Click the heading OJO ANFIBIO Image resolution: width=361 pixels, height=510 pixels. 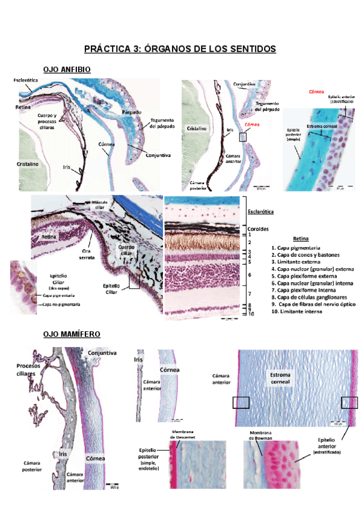[67, 70]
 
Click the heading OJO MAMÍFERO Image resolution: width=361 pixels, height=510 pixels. [72, 334]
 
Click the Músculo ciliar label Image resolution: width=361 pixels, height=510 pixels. [100, 204]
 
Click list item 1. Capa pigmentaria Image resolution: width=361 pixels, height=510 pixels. [295, 248]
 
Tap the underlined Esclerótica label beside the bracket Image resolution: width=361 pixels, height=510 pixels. [261, 212]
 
